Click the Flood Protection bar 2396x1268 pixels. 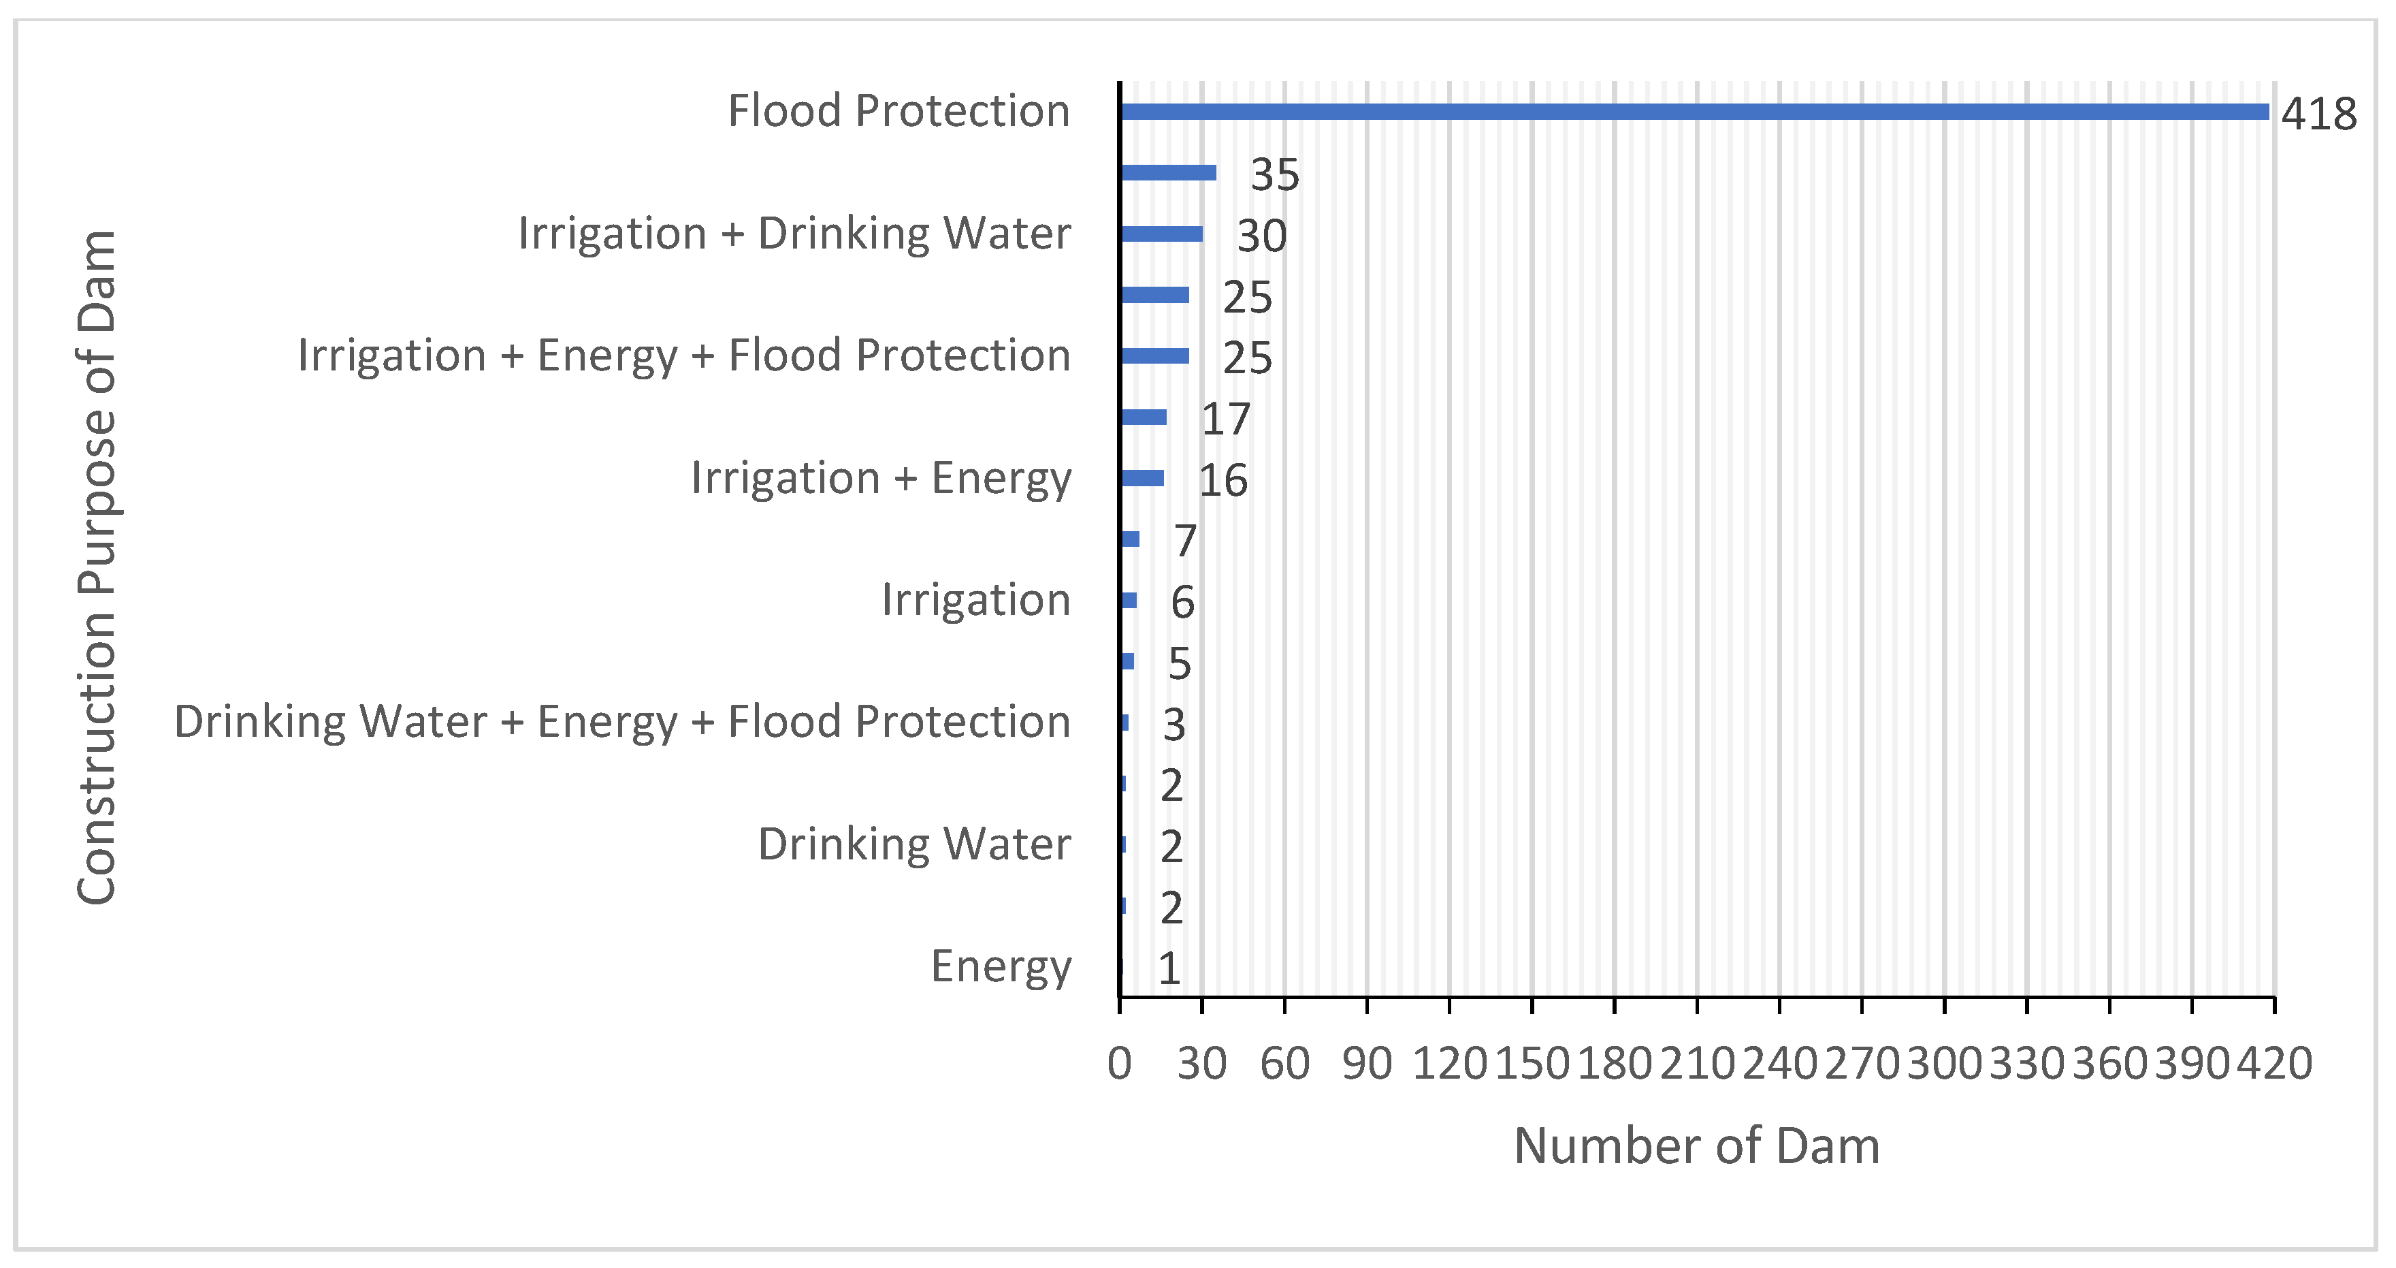1693,112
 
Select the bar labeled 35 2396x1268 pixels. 1168,172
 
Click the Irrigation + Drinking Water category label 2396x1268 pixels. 794,233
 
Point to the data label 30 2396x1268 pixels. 1261,236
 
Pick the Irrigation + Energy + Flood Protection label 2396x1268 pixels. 683,355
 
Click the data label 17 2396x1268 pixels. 1225,419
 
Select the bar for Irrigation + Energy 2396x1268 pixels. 1142,478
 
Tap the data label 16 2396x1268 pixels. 1223,480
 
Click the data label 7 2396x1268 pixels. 1184,541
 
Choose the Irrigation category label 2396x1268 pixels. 975,600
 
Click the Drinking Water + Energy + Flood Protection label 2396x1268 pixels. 621,722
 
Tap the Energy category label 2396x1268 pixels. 1001,966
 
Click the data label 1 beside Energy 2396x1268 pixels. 1169,969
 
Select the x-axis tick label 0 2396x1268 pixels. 1119,1063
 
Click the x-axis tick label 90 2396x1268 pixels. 1366,1063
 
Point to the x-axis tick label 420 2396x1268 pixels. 2274,1063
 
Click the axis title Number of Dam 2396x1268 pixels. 1696,1146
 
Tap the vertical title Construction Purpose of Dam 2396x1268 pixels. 97,567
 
